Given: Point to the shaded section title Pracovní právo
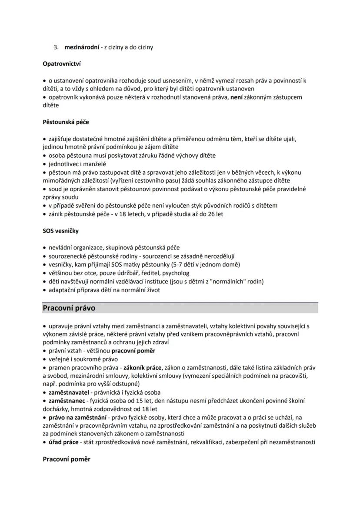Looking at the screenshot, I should point(69,308).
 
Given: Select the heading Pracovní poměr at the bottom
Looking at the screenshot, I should point(67,459).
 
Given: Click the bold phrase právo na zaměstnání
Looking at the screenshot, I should point(77,417).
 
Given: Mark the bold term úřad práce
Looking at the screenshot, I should point(63,442).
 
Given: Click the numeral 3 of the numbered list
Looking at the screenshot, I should point(56,47).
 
